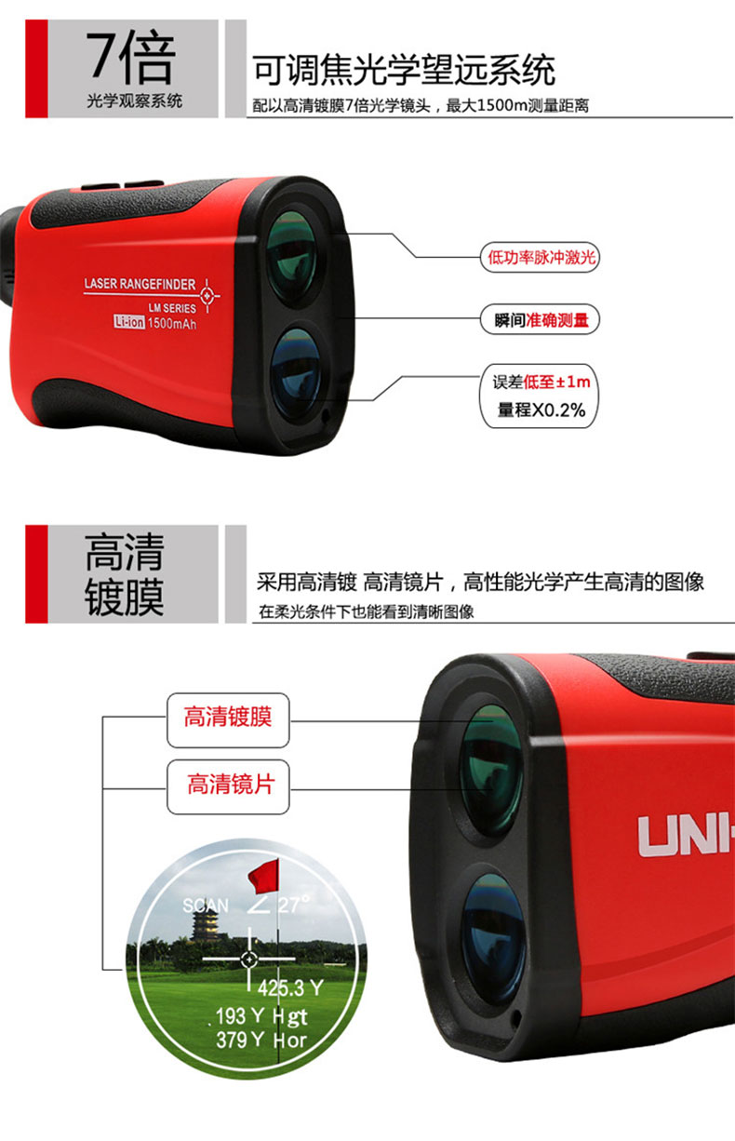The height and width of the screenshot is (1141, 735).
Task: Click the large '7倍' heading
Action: click(130, 57)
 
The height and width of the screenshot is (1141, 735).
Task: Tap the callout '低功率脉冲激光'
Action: click(540, 257)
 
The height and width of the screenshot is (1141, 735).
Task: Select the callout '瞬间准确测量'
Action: click(540, 320)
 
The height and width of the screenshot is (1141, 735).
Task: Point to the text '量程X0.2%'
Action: click(541, 409)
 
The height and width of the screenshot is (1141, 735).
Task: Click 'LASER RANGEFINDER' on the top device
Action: click(140, 284)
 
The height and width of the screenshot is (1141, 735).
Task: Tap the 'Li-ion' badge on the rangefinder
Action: click(129, 322)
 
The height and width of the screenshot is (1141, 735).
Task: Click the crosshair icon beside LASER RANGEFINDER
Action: click(207, 295)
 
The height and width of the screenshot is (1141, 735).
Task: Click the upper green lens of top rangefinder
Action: click(292, 257)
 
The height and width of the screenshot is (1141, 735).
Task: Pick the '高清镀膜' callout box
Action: click(228, 720)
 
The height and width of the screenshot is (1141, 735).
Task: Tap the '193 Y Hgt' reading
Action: click(261, 1016)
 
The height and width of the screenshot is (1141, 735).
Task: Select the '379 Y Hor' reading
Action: click(261, 1040)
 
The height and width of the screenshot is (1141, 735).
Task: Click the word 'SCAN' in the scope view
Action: click(206, 906)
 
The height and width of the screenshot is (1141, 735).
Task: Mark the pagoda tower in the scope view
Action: click(205, 927)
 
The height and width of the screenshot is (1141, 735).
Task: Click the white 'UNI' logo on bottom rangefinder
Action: click(686, 836)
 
